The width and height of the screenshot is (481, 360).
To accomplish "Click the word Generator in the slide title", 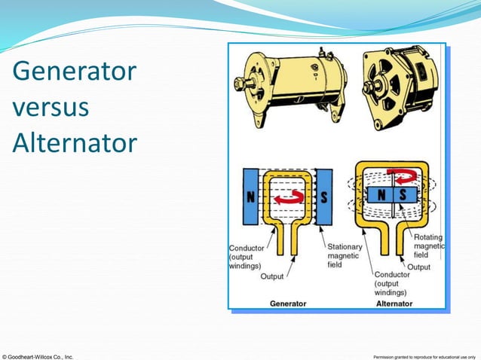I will (x=74, y=73).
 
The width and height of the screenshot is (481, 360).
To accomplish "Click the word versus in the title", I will (x=51, y=108).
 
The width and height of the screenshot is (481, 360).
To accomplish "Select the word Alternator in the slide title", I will (x=74, y=142).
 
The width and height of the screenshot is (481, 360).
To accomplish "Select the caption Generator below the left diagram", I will (x=288, y=304).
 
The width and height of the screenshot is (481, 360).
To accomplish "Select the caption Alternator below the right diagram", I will (x=394, y=304).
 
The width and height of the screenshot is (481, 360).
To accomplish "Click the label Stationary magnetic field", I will (x=344, y=255).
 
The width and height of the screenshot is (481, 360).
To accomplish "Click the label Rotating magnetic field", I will (x=430, y=246).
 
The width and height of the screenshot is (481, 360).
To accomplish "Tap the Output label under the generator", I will (x=272, y=276).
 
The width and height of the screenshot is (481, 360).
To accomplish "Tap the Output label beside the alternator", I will (x=419, y=267).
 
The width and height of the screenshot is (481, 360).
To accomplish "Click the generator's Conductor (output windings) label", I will (x=247, y=256).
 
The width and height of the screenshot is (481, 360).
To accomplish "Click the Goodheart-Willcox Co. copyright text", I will (x=38, y=355).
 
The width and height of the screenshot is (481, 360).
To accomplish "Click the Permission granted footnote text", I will (x=425, y=355).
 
